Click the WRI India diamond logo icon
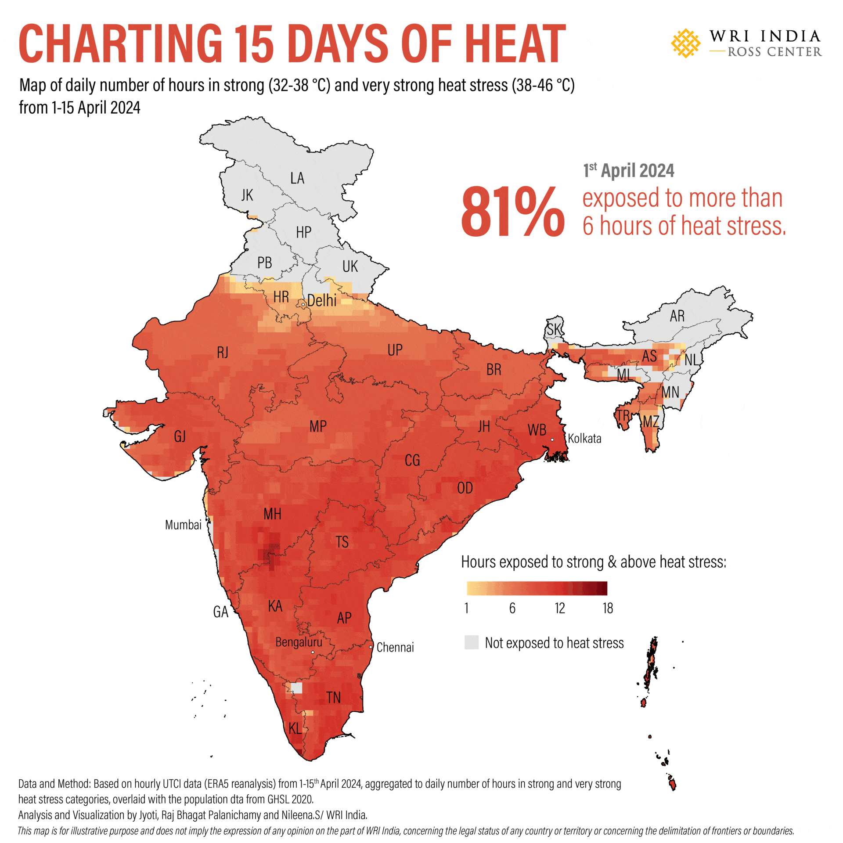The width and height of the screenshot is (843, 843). coord(685,43)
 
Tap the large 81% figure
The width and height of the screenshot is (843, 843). coord(512,212)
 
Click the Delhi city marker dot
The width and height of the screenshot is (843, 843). coord(303,304)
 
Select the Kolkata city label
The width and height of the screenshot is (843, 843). coord(584,439)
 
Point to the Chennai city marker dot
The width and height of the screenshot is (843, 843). coord(371,647)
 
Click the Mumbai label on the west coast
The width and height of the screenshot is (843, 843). coord(183,525)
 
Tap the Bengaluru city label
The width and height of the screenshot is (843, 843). coord(299,642)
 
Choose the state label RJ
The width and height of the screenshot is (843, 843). coord(223,352)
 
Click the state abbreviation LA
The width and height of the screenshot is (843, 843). coord(297,178)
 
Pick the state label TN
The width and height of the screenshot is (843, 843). coord(333,697)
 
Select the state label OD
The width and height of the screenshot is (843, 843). coord(465,488)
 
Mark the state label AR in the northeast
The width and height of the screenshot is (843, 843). coord(677,316)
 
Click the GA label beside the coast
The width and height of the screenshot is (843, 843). coord(220,612)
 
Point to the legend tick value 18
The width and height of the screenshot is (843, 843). coord(608,608)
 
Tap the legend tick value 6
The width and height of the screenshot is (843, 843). coord(512,608)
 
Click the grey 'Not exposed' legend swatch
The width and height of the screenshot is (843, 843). coord(472,642)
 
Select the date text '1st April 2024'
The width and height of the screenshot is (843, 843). coord(628,171)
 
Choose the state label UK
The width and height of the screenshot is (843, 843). coord(350,267)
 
